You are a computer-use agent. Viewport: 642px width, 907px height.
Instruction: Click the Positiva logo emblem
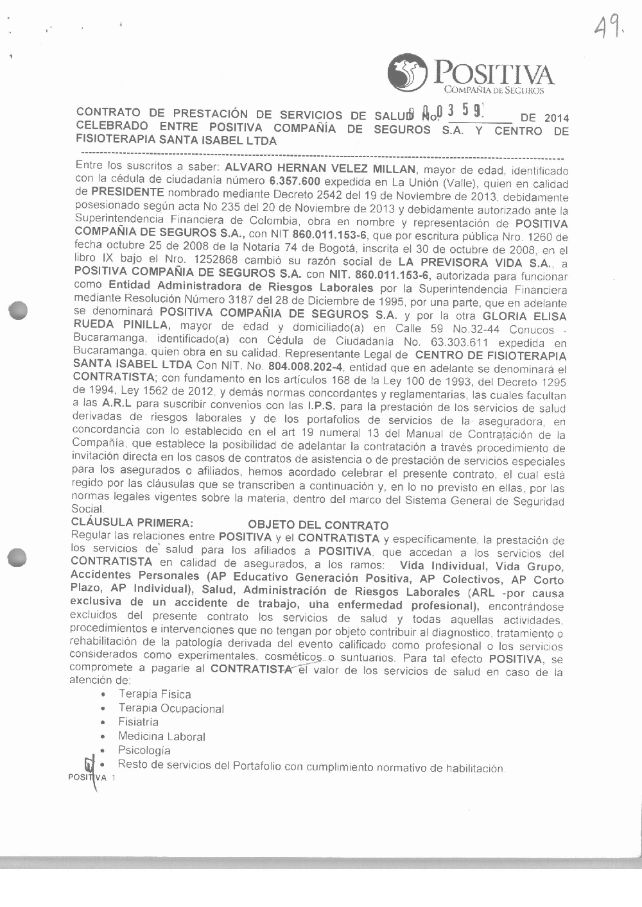coord(407,72)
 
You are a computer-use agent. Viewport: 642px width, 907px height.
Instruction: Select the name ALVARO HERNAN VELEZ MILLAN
coord(318,169)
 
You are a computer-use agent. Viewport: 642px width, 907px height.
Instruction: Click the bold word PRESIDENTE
coord(128,192)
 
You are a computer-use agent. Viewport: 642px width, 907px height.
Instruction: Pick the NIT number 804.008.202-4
coord(306,367)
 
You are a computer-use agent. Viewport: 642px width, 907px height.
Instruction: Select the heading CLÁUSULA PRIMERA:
coord(132,523)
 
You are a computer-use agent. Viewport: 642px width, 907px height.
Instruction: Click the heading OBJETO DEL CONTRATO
coord(318,525)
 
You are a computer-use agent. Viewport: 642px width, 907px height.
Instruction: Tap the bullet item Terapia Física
coord(154,694)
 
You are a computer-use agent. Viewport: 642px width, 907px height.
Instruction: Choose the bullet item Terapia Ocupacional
coord(171,708)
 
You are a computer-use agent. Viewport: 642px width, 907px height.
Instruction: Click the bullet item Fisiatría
coord(138,722)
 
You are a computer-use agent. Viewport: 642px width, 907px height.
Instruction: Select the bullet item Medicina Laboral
coord(161,736)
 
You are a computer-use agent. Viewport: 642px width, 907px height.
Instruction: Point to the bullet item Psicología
coord(144,750)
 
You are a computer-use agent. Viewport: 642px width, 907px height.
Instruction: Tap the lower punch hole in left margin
coord(18,557)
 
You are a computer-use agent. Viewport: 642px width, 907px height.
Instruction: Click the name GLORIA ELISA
coord(525,316)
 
